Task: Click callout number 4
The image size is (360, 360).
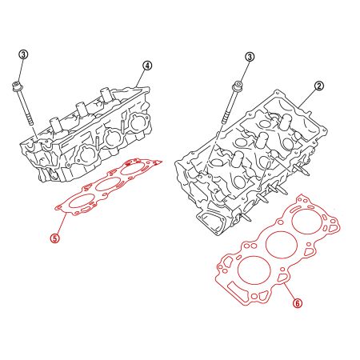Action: click(x=147, y=65)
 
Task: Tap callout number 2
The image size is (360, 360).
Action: click(x=318, y=85)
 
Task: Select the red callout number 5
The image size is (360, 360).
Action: click(x=54, y=238)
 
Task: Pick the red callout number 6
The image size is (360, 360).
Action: click(x=297, y=303)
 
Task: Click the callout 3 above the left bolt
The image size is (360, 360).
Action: click(x=23, y=54)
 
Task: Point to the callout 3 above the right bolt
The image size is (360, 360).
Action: click(x=250, y=57)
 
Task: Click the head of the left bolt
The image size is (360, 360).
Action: click(x=18, y=83)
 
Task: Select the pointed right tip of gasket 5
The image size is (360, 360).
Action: click(x=162, y=164)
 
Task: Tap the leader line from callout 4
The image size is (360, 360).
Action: click(x=140, y=74)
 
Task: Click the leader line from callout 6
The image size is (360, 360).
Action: click(x=290, y=288)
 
